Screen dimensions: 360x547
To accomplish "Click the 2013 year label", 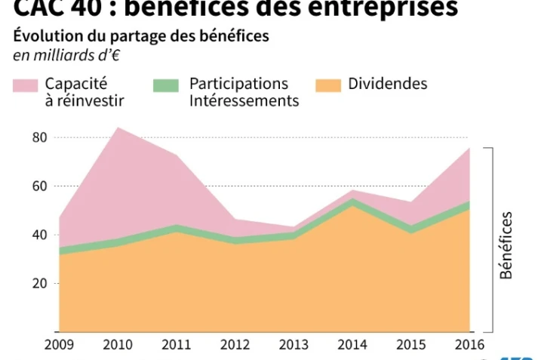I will point(293,345).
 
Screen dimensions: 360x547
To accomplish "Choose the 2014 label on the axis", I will point(352,345).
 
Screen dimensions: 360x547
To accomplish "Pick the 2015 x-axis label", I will point(410,345).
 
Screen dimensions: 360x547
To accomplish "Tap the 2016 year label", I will point(469,345).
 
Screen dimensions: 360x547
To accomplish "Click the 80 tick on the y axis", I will point(40,137).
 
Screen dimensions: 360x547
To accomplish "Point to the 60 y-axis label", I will point(40,186).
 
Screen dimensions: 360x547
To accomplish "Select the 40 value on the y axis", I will point(40,235).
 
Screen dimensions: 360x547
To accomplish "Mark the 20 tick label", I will point(40,283).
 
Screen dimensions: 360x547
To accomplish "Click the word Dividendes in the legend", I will point(387,84).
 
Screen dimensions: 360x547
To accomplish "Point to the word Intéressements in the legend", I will point(244,101).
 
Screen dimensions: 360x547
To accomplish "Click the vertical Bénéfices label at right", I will point(506,245).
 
